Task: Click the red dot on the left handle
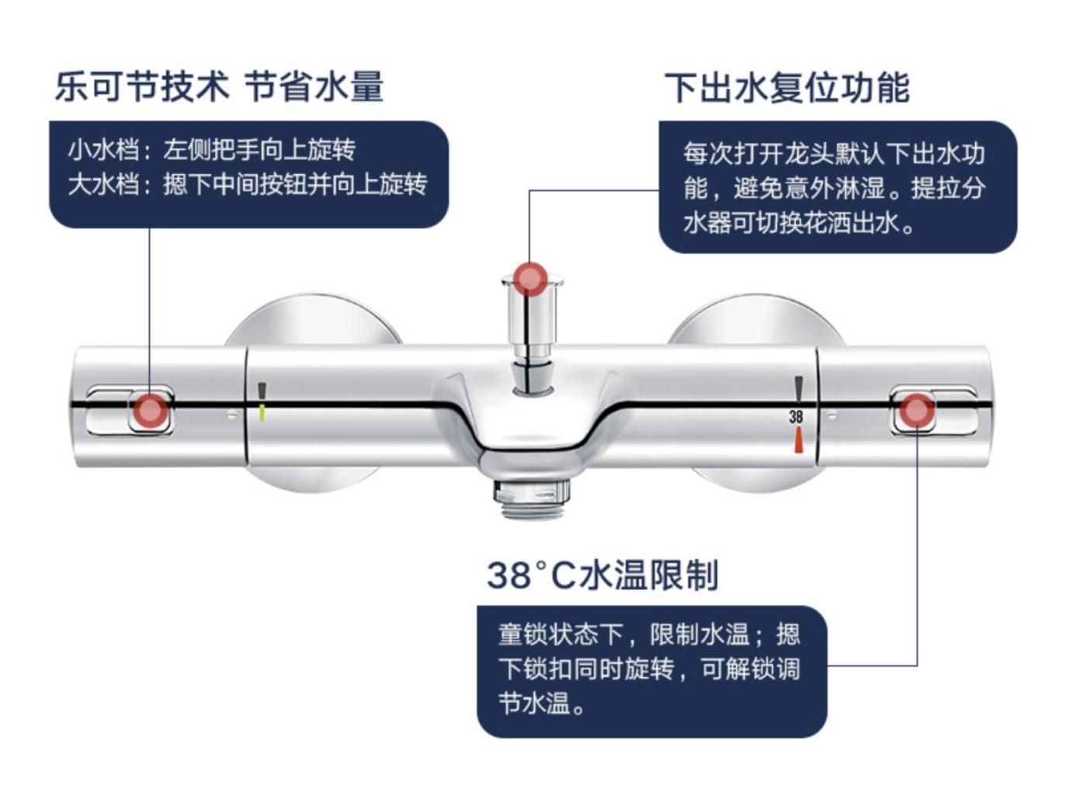pyautogui.click(x=150, y=411)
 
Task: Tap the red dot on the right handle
pyautogui.click(x=916, y=410)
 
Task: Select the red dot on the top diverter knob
pyautogui.click(x=530, y=279)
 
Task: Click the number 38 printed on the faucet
pyautogui.click(x=796, y=417)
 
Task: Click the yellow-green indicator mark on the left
pyautogui.click(x=262, y=411)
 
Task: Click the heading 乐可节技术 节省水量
pyautogui.click(x=219, y=86)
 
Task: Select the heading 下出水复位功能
pyautogui.click(x=786, y=88)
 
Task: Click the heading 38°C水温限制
pyautogui.click(x=602, y=575)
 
